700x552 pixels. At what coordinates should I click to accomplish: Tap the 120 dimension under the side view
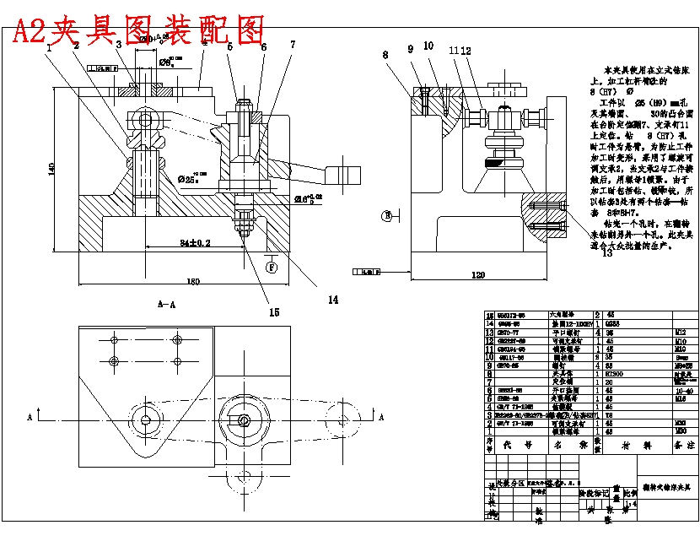click(477, 275)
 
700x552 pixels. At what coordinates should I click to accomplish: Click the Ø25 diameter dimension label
click(193, 179)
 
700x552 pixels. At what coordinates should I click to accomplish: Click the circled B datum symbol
click(388, 215)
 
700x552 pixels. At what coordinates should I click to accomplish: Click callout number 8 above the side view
click(385, 55)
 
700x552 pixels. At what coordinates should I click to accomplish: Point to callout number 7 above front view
click(293, 44)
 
